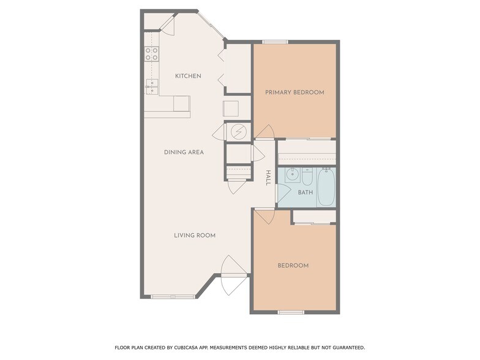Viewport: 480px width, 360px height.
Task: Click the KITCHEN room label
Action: [188, 76]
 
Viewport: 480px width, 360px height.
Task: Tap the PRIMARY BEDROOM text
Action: [294, 92]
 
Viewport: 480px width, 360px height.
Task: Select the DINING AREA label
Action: [184, 152]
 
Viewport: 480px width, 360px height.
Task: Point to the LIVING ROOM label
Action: [195, 235]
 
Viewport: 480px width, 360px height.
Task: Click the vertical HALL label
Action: [268, 178]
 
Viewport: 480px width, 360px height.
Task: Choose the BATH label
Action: [305, 192]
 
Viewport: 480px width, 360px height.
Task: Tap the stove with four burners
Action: [151, 54]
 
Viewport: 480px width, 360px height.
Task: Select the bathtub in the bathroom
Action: [326, 187]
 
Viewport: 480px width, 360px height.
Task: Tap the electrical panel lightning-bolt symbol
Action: [238, 131]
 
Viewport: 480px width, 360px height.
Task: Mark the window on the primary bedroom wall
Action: [276, 42]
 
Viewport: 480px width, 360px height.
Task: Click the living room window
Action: [169, 297]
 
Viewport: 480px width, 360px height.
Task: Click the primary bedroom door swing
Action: [264, 132]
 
